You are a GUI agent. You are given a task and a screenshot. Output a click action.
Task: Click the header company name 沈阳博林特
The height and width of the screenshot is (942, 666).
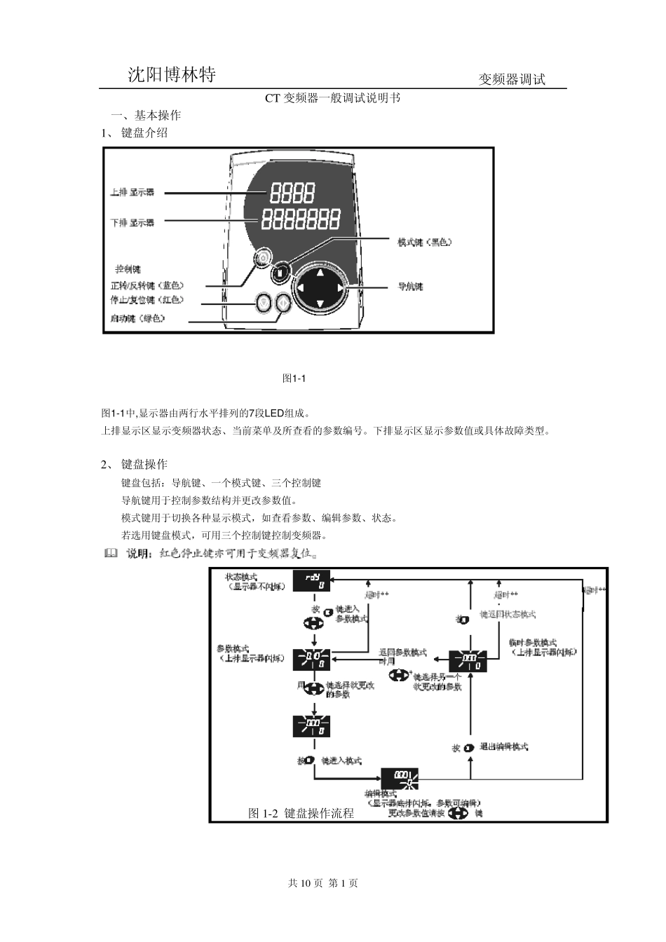171,75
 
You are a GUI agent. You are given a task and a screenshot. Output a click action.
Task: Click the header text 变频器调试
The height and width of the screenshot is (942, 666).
511,79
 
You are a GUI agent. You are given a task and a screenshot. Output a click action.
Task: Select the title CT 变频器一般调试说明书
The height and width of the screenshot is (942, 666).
332,98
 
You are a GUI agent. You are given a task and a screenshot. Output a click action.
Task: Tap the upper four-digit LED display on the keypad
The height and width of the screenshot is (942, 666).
292,192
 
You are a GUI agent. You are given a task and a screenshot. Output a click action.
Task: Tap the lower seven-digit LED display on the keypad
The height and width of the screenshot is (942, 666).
301,219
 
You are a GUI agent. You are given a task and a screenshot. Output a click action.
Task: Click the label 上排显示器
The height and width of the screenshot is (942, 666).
132,192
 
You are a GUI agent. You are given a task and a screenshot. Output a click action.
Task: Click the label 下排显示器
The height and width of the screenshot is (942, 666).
132,222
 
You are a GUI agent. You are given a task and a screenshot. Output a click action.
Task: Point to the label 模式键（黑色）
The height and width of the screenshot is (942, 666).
425,243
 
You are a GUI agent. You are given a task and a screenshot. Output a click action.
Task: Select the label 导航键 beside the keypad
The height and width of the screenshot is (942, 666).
410,286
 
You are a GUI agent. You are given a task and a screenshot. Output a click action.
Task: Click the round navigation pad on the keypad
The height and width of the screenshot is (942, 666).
320,288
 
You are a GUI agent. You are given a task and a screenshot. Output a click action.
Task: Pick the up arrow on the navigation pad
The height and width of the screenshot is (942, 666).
320,273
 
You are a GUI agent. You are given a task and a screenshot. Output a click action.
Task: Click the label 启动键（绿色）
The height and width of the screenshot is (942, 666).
137,318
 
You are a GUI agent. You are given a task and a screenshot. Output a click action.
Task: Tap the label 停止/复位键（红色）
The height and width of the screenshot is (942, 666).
147,300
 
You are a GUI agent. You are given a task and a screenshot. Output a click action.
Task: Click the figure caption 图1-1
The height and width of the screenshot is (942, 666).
294,378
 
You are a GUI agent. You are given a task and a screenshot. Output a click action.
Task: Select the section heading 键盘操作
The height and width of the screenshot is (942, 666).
144,464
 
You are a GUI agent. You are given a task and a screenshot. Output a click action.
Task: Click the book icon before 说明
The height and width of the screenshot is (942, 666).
111,554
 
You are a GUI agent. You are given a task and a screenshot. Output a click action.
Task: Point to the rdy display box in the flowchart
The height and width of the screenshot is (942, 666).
311,581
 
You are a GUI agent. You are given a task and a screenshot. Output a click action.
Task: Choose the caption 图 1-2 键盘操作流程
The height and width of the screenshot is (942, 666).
301,813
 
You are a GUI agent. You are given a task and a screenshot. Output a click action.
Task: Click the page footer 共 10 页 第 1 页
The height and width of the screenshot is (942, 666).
323,883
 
